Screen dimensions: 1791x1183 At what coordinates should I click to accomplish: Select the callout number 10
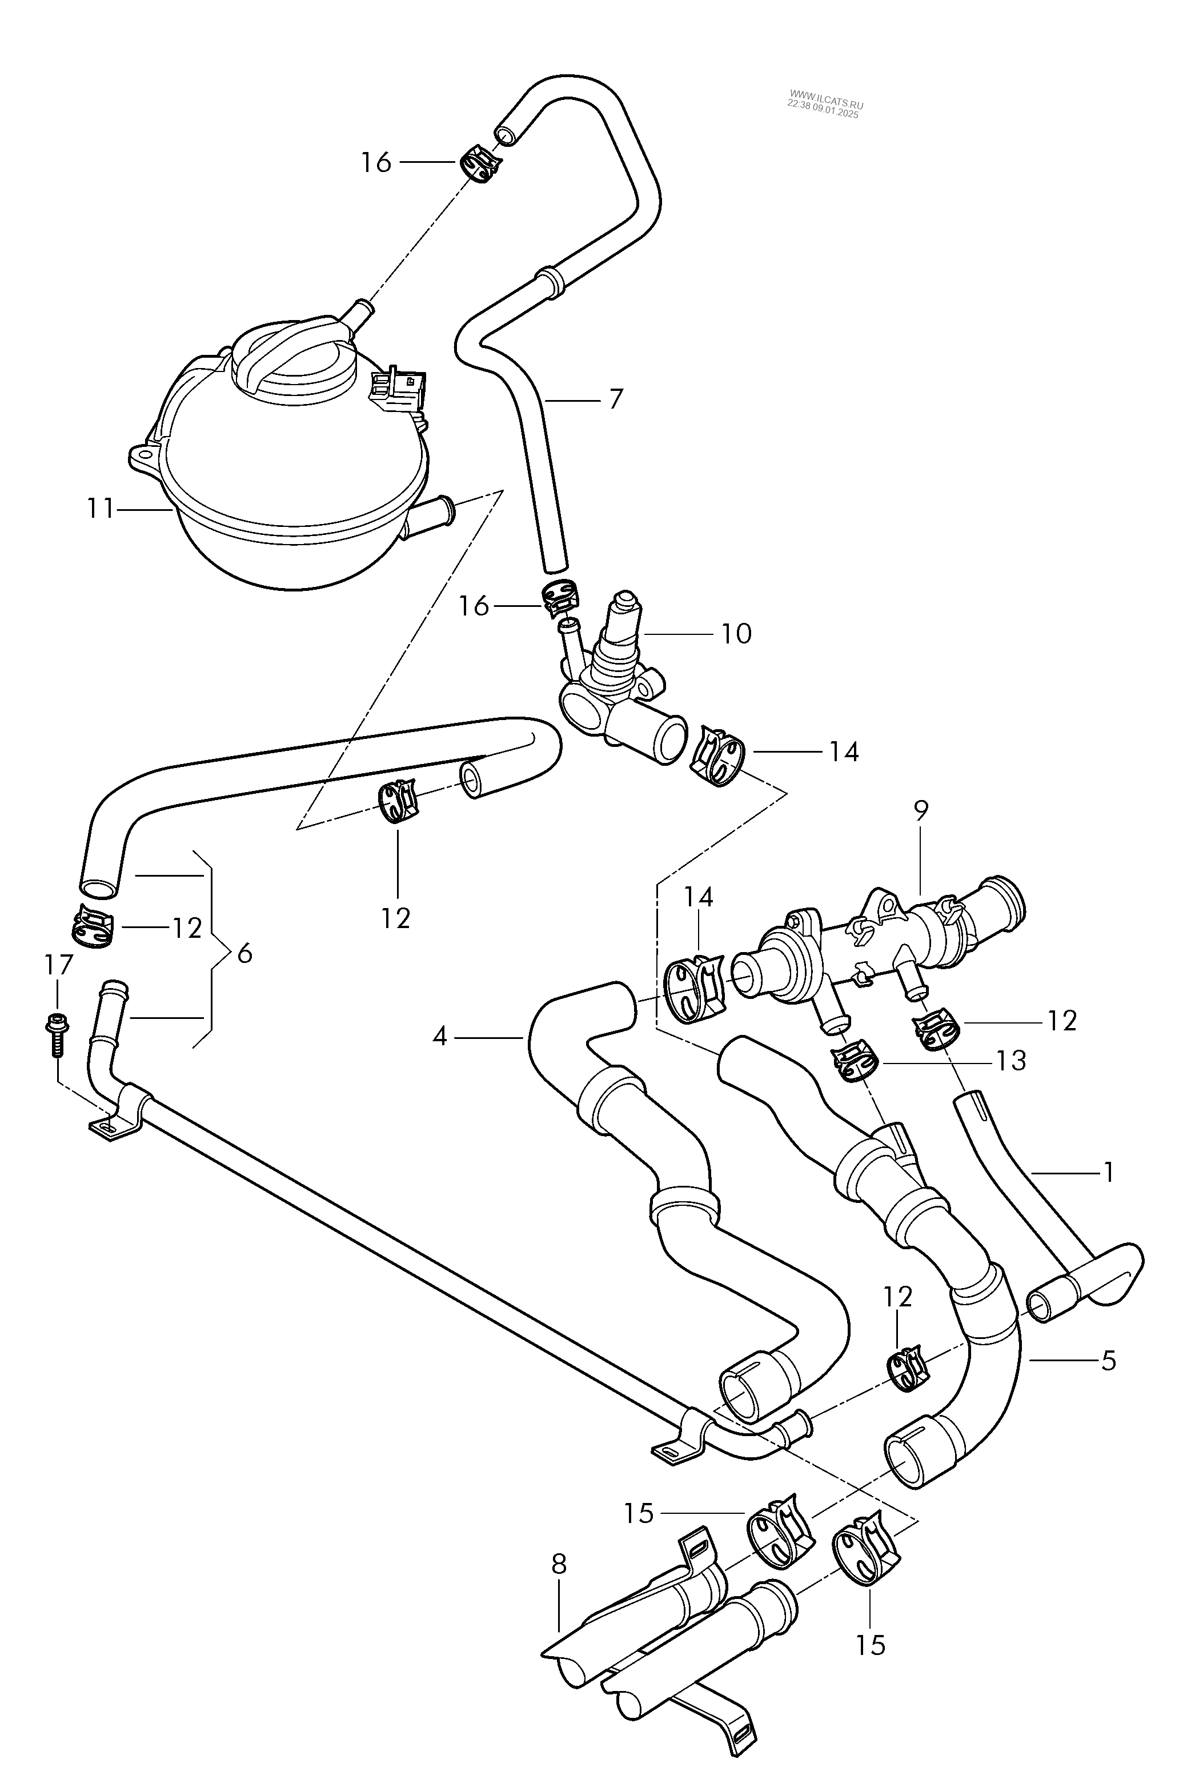click(x=736, y=634)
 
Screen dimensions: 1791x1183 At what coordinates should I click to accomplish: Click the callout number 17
click(x=58, y=965)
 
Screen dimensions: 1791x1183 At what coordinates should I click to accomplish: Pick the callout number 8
click(x=558, y=1565)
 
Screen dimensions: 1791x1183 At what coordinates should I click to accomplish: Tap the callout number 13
click(x=1011, y=1061)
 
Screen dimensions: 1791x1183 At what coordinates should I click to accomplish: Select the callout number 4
click(x=440, y=1037)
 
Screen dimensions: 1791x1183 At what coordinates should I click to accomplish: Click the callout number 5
click(x=1108, y=1362)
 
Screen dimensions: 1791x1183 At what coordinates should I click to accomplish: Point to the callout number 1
click(x=1108, y=1172)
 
